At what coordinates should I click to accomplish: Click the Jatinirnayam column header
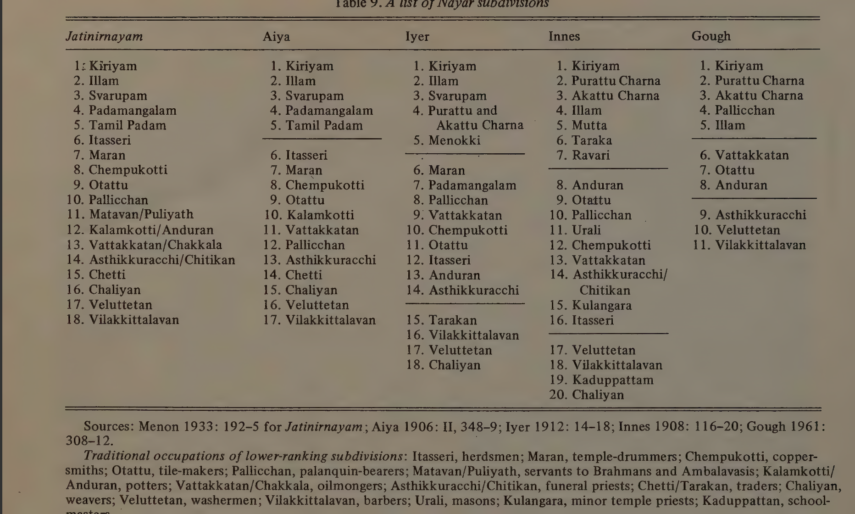[104, 36]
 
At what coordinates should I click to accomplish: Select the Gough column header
[711, 36]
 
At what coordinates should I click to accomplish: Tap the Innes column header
[564, 36]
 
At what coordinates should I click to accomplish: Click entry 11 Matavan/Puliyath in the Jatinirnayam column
[141, 214]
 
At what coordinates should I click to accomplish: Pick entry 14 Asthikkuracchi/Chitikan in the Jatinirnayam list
[161, 260]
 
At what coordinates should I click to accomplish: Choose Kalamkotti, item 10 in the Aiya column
[320, 215]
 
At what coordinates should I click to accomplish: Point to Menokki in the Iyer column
[454, 140]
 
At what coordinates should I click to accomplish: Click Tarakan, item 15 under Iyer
[452, 320]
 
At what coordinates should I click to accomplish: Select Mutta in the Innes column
[589, 125]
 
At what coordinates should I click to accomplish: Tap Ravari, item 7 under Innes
[591, 155]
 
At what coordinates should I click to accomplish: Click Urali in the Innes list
[586, 230]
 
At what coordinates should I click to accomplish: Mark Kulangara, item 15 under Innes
[601, 305]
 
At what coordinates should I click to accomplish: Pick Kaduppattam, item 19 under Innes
[612, 380]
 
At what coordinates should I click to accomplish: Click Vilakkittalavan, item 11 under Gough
[760, 245]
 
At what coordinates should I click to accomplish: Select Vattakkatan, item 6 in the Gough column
[752, 155]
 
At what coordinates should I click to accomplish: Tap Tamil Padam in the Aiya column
[324, 125]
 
